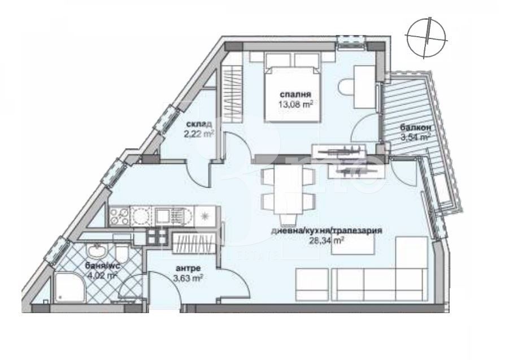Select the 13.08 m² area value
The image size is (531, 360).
(295, 104)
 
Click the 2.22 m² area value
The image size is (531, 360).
(198, 134)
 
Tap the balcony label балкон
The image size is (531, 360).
(414, 128)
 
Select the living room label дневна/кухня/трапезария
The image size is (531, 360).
(328, 231)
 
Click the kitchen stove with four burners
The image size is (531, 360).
(120, 215)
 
